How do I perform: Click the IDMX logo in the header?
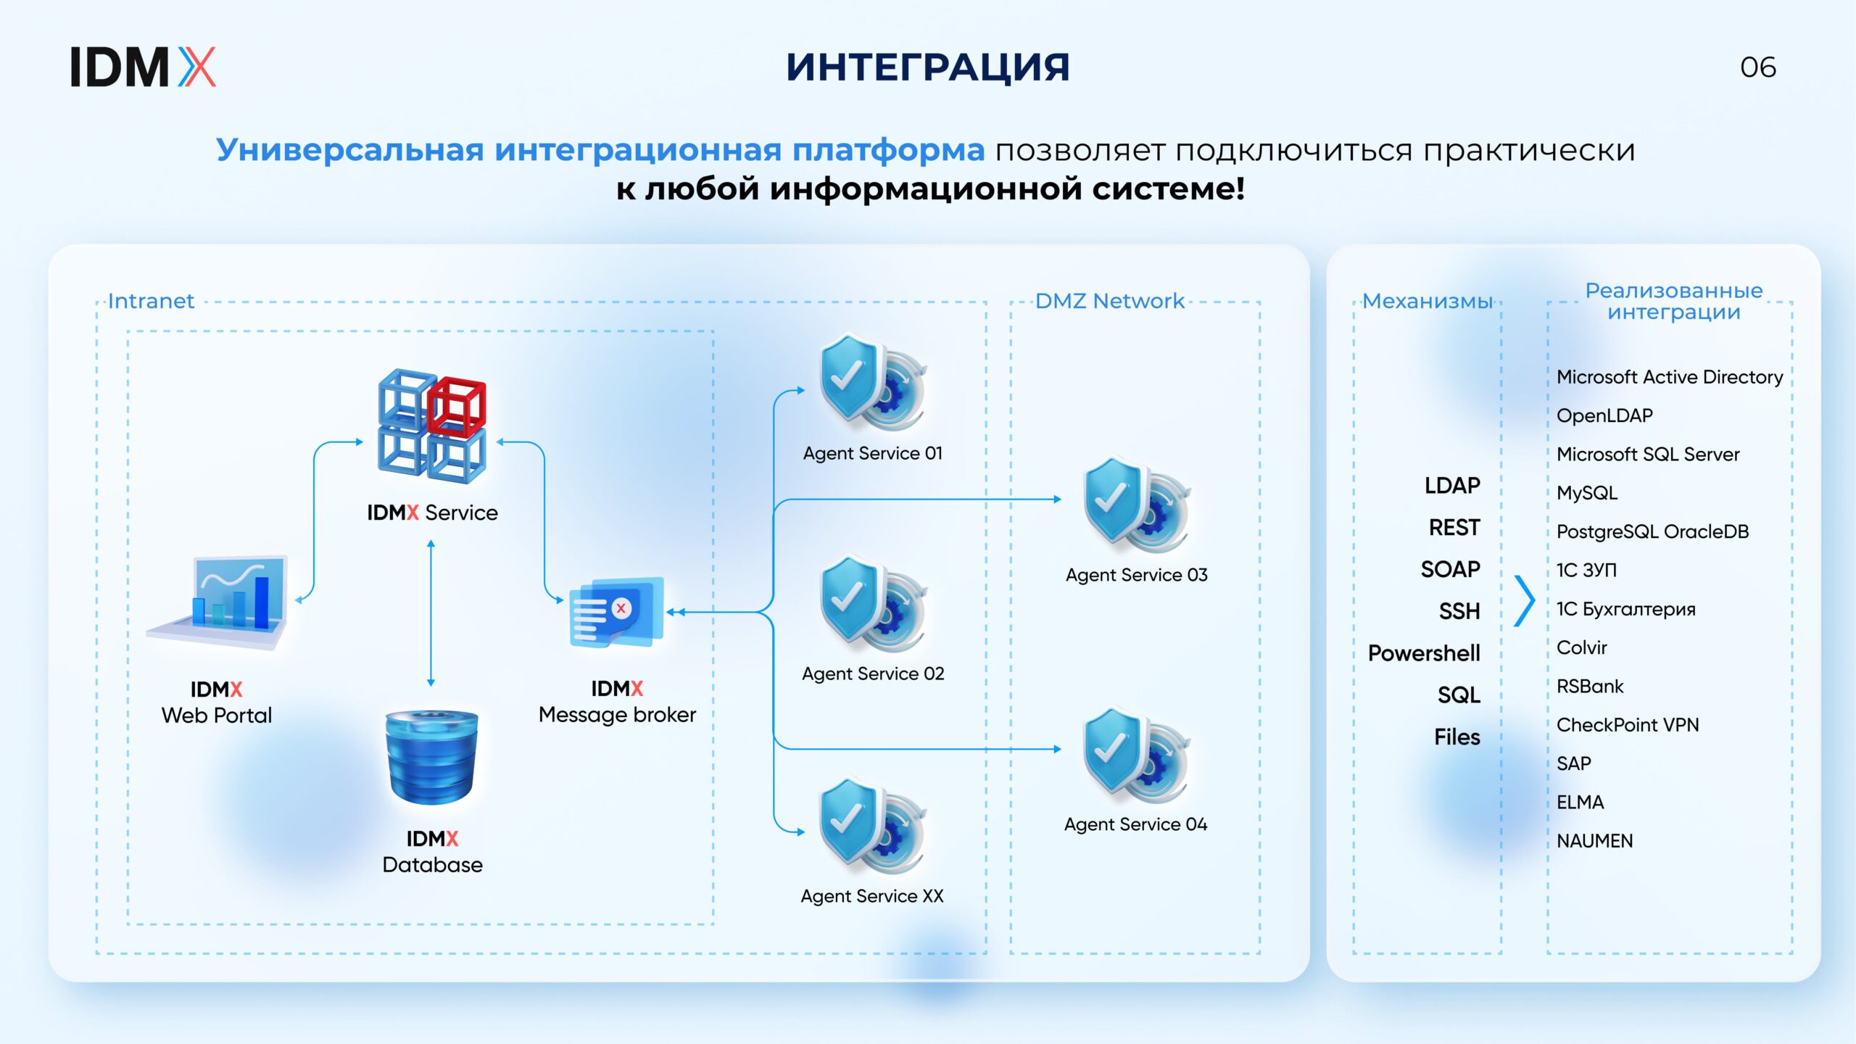tap(143, 67)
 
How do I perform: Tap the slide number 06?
tap(1758, 67)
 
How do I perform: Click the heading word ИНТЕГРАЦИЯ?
tap(928, 67)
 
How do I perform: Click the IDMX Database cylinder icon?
tap(432, 757)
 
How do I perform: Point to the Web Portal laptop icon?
tap(218, 602)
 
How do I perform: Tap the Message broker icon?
tap(616, 612)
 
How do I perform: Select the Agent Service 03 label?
tap(1136, 575)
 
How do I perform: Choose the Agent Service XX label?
tap(872, 896)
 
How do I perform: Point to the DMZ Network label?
tap(1109, 301)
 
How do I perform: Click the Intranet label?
tap(151, 301)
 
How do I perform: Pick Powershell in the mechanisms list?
tap(1424, 653)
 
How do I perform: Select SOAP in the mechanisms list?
tap(1450, 569)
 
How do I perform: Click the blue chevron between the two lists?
tap(1525, 601)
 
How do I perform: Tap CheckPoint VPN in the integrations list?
tap(1628, 725)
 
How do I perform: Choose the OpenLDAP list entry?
tap(1604, 416)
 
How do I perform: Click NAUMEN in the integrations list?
tap(1594, 841)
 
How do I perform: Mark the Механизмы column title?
tap(1428, 301)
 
